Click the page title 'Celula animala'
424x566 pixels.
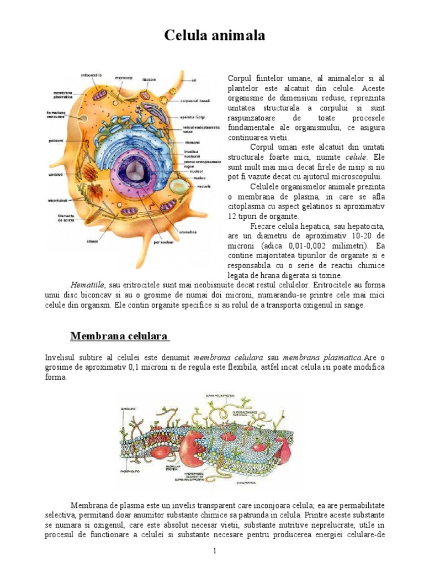tap(215, 36)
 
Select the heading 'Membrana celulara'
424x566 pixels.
tap(120, 337)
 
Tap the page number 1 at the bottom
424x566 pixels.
tap(215, 551)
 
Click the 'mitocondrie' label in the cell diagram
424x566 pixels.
tap(92, 75)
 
